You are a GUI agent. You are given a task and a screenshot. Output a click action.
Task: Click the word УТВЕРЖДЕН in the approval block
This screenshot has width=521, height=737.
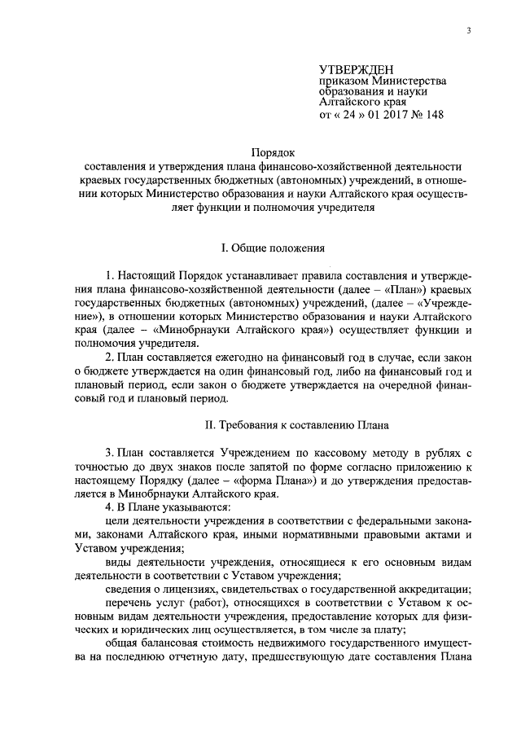(x=354, y=69)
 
